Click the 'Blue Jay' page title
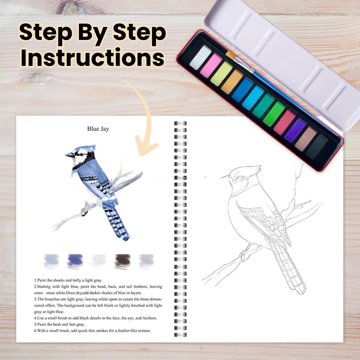(x=98, y=129)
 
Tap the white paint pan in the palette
(x=200, y=57)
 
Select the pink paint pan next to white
(x=211, y=66)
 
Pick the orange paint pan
(x=231, y=82)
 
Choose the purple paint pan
(x=295, y=130)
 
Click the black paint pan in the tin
(x=316, y=147)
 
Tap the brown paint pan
(x=306, y=139)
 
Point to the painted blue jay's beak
(x=69, y=155)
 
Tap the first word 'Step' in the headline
(x=41, y=33)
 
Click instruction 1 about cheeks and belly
(x=68, y=280)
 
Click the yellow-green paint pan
(x=221, y=74)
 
